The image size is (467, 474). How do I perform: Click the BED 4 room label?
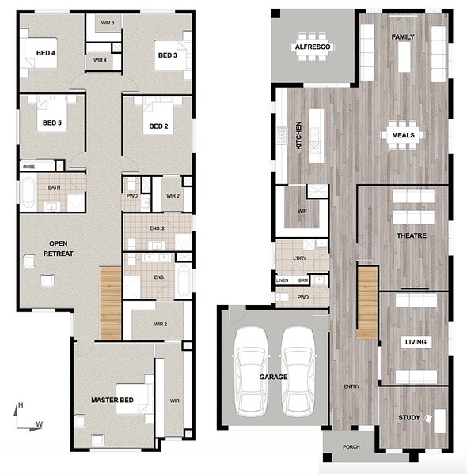pyautogui.click(x=46, y=53)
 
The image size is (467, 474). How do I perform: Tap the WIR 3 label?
pyautogui.click(x=108, y=23)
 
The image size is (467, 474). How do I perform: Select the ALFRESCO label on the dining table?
pyautogui.click(x=313, y=47)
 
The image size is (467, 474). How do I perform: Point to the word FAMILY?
pyautogui.click(x=403, y=37)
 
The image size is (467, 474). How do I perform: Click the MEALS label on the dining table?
pyautogui.click(x=403, y=135)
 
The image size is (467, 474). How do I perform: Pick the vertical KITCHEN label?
pyautogui.click(x=298, y=135)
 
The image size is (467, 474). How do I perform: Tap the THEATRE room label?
pyautogui.click(x=412, y=235)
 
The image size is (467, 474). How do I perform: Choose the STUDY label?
pyautogui.click(x=409, y=418)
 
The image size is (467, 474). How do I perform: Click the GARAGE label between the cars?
pyautogui.click(x=274, y=377)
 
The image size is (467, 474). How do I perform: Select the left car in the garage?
pyautogui.click(x=251, y=371)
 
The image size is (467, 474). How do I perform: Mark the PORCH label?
pyautogui.click(x=351, y=447)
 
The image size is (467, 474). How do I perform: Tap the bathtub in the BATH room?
pyautogui.click(x=28, y=193)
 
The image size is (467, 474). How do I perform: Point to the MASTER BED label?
pyautogui.click(x=112, y=401)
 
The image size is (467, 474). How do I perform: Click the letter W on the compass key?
pyautogui.click(x=39, y=424)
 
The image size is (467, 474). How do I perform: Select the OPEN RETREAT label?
pyautogui.click(x=59, y=249)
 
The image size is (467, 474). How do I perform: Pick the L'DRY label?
pyautogui.click(x=299, y=258)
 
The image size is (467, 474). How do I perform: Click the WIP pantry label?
pyautogui.click(x=302, y=211)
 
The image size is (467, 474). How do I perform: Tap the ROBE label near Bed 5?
pyautogui.click(x=29, y=167)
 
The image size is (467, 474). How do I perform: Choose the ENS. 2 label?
pyautogui.click(x=157, y=228)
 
